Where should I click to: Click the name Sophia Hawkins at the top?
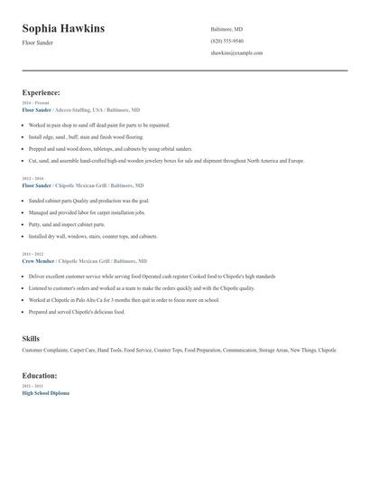click(x=63, y=29)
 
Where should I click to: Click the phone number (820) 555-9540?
click(x=227, y=41)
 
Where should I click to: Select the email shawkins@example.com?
click(x=236, y=53)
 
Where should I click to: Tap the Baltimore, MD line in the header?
click(x=227, y=29)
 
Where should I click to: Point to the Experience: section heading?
click(x=42, y=92)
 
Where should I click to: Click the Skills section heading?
click(x=31, y=338)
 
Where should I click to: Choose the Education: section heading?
click(x=40, y=375)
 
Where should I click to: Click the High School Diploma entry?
click(x=45, y=393)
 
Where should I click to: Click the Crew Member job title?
click(x=39, y=260)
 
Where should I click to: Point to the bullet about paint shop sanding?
click(x=99, y=126)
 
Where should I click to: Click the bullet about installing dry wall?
click(x=93, y=236)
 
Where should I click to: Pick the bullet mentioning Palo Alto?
click(x=124, y=299)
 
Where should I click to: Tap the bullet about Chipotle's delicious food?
click(x=77, y=312)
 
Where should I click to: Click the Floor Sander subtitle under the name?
click(x=38, y=43)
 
